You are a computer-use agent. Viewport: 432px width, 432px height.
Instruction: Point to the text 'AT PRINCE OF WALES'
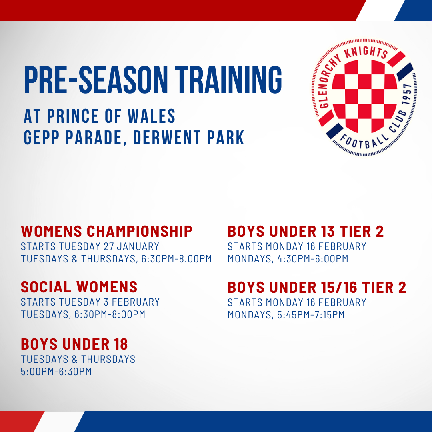tap(100, 116)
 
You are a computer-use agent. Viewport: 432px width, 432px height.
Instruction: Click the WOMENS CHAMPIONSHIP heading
tap(107, 231)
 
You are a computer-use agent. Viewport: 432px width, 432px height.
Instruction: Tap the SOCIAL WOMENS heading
tap(79, 287)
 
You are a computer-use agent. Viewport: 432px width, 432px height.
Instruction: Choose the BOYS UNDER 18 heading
tap(74, 344)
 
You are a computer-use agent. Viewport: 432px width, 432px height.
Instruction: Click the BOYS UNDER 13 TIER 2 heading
tap(306, 231)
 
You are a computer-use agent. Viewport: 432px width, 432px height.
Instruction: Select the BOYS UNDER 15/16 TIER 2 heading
tap(317, 287)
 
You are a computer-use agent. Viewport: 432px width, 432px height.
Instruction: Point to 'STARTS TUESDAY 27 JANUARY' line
tap(90, 246)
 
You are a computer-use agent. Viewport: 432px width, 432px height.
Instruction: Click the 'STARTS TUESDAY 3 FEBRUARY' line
tap(90, 302)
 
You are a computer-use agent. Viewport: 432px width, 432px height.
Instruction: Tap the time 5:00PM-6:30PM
tap(56, 372)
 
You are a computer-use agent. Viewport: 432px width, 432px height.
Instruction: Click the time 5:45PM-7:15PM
tap(310, 315)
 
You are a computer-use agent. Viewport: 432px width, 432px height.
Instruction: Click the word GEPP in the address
tap(41, 138)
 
